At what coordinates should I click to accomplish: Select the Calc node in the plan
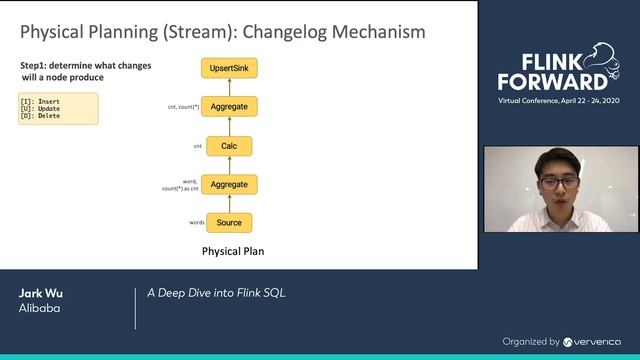point(229,146)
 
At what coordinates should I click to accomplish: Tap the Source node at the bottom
point(229,222)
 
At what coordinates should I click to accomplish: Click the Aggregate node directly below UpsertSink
point(229,105)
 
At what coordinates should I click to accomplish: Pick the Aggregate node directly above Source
point(229,185)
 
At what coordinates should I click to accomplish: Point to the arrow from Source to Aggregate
point(229,204)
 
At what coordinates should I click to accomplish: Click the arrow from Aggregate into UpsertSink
point(229,86)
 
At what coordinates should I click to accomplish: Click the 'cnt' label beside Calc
point(197,146)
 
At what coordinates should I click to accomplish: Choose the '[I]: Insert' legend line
point(40,101)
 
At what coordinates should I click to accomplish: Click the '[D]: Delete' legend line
point(40,115)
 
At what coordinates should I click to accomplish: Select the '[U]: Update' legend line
point(40,108)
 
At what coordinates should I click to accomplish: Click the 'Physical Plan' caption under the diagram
point(233,251)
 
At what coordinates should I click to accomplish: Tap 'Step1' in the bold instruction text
point(34,65)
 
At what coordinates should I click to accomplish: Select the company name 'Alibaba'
point(38,309)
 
